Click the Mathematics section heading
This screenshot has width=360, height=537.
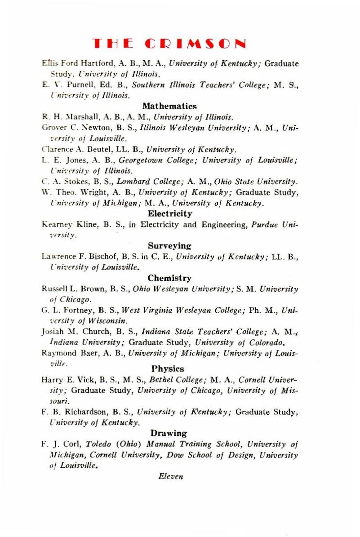coord(169,107)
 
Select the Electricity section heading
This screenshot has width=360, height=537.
coord(170,213)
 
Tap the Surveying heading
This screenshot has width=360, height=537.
coord(169,246)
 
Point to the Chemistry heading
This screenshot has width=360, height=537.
coord(169,278)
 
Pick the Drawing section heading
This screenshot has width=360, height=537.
coord(169,433)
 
